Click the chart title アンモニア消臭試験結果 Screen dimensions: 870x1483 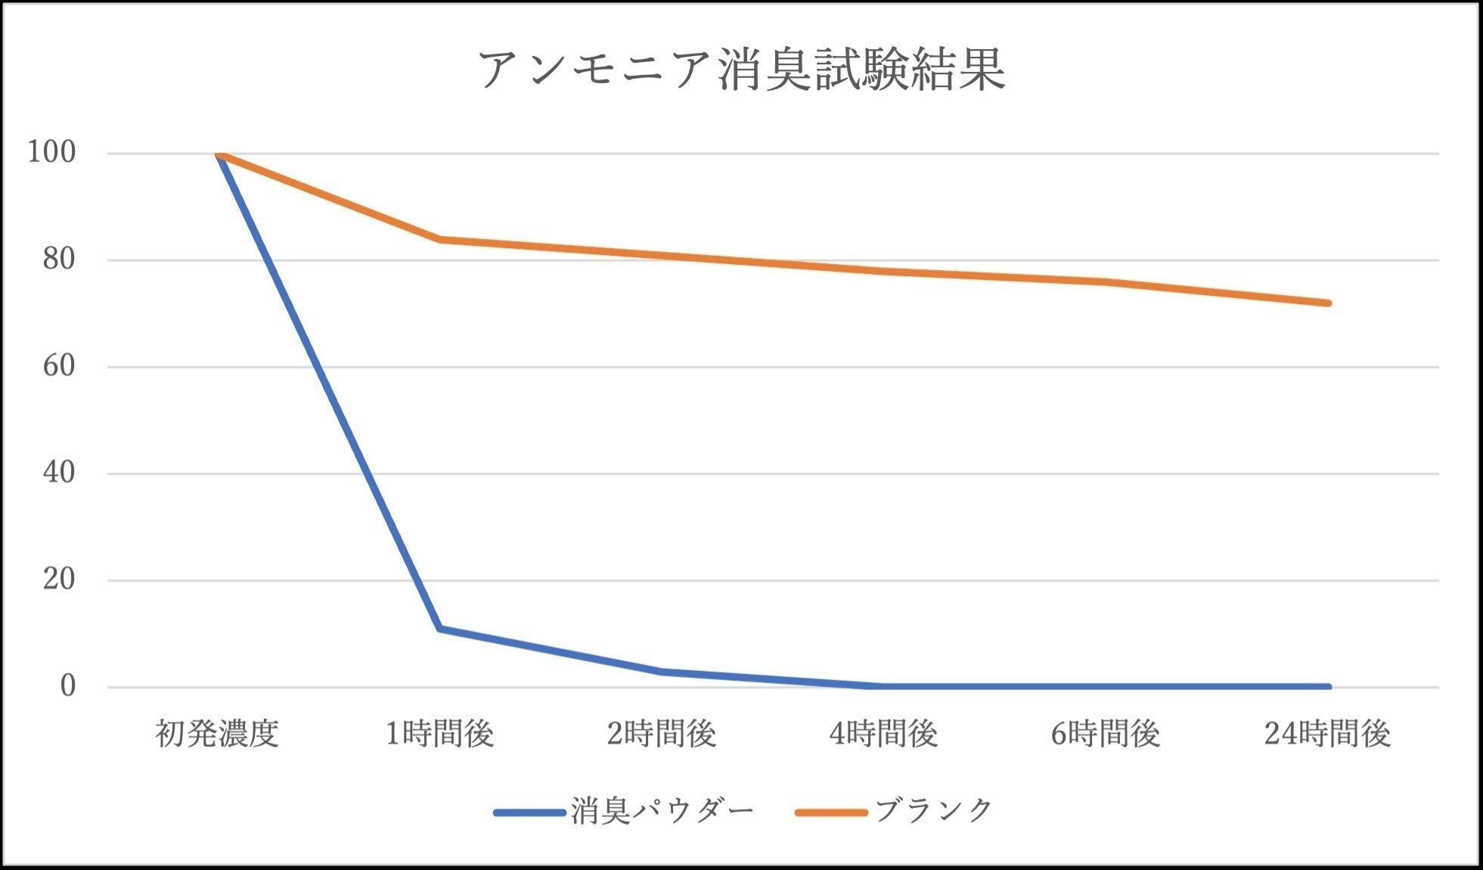[741, 70]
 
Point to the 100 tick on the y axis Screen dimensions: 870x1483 [51, 153]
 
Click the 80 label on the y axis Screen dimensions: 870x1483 [59, 259]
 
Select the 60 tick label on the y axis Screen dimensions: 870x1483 [59, 367]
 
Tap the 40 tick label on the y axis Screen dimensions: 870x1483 [59, 474]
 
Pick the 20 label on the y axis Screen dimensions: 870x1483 [59, 580]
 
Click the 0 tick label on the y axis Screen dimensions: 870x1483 [68, 687]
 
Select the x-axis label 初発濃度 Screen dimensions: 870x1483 [218, 734]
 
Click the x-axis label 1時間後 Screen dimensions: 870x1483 [439, 734]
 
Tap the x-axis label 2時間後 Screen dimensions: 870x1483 [662, 734]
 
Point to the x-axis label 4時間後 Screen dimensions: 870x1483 [883, 734]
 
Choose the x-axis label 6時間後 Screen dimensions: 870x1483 [1106, 734]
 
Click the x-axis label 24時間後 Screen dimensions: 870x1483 [1327, 734]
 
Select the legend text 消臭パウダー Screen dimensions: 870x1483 [662, 811]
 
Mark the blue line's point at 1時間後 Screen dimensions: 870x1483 [439, 629]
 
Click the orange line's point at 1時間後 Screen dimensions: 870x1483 [439, 239]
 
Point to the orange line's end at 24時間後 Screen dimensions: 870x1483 [1327, 303]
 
